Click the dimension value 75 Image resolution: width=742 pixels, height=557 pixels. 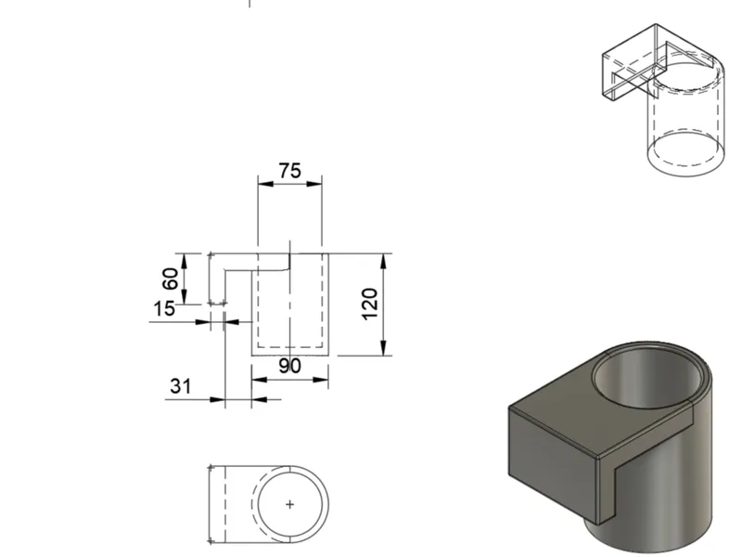[290, 171]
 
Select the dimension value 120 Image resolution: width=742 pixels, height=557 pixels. [370, 304]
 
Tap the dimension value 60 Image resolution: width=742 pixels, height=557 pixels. [171, 278]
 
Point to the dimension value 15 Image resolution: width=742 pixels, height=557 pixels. [164, 309]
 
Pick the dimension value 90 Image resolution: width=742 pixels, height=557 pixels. [289, 366]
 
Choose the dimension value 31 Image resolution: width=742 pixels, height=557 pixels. [181, 386]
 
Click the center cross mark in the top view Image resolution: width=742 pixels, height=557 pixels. [290, 505]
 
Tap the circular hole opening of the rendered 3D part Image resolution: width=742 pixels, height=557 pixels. [647, 380]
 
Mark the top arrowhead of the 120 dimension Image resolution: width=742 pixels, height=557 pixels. [384, 262]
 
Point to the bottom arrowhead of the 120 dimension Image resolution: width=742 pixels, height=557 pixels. [384, 347]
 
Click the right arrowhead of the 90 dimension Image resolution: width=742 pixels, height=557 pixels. [321, 380]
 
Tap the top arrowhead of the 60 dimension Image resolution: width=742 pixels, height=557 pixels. [185, 262]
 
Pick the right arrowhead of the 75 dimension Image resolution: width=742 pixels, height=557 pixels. [314, 184]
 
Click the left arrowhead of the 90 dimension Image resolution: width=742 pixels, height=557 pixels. [260, 380]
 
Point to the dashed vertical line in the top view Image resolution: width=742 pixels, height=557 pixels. [224, 504]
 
